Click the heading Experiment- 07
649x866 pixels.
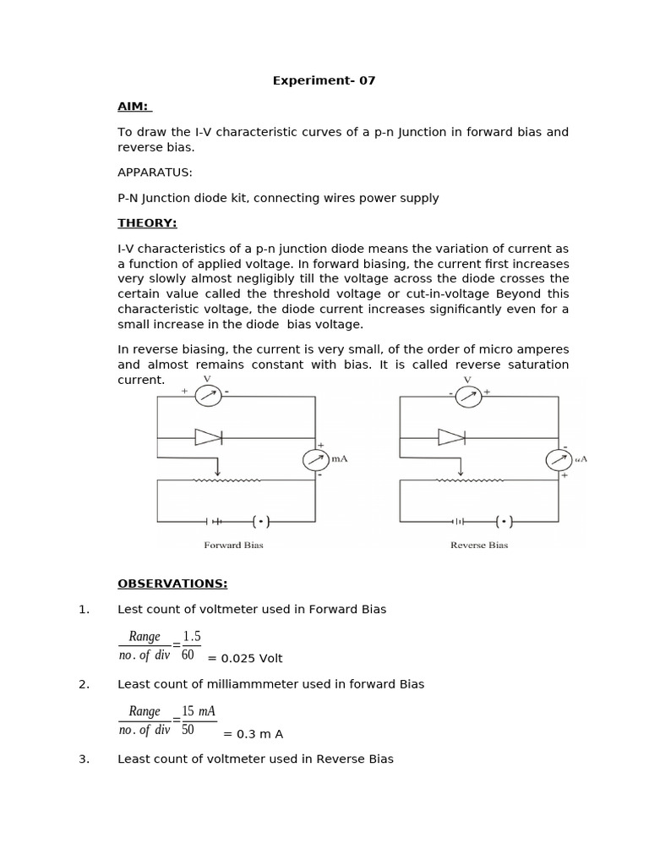[x=324, y=81]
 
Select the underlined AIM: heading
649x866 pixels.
[x=133, y=107]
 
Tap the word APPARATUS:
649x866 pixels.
[x=155, y=173]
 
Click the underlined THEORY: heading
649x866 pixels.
[x=147, y=223]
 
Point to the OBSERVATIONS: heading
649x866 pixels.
[x=172, y=584]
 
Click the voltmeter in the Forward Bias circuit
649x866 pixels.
[x=208, y=395]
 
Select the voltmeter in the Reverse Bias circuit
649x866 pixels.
[x=467, y=395]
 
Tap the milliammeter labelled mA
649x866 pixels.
[x=316, y=459]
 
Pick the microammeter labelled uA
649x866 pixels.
[x=559, y=459]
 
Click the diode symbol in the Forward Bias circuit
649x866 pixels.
[x=208, y=437]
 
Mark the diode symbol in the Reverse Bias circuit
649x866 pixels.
[x=451, y=437]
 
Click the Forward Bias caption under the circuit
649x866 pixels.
[x=233, y=545]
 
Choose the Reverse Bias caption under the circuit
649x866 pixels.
[x=479, y=545]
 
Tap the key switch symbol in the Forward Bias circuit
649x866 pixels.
[x=260, y=521]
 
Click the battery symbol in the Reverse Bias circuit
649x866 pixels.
[x=458, y=521]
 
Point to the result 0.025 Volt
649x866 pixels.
[x=245, y=659]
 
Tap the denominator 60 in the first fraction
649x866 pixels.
[x=188, y=655]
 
